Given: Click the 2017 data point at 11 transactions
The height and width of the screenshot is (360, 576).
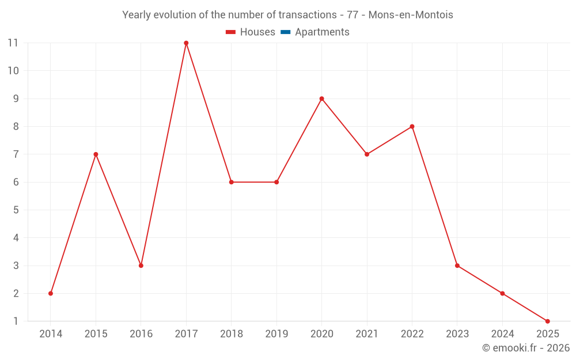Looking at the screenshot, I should click(186, 43).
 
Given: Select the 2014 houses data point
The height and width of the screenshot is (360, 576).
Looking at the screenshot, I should click(51, 293).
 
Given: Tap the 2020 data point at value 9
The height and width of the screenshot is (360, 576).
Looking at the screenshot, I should click(321, 98).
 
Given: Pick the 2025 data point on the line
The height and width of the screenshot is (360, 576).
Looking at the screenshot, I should click(547, 321).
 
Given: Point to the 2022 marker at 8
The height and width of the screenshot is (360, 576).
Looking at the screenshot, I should click(412, 127).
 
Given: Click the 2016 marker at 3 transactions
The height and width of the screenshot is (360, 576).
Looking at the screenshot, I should click(141, 266).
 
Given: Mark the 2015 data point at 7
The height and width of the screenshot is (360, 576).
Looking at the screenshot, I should click(96, 154).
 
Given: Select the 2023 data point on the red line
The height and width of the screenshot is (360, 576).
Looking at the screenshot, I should click(457, 266).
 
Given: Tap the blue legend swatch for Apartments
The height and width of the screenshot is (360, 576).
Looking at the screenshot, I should click(285, 32).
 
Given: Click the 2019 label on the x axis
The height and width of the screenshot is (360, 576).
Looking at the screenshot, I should click(276, 334).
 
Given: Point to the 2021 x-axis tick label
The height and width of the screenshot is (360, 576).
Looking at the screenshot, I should click(367, 334).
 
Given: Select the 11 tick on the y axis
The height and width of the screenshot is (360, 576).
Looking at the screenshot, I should click(13, 43).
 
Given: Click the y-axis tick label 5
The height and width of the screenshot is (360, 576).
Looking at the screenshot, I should click(16, 210).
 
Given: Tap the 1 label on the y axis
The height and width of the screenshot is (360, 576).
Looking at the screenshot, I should click(16, 321).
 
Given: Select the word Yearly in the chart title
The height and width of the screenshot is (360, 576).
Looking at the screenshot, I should click(137, 15).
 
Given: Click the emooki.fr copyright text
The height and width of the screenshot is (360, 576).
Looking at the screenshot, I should click(526, 348).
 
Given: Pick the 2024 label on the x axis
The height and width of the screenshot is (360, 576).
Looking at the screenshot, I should click(502, 334).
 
